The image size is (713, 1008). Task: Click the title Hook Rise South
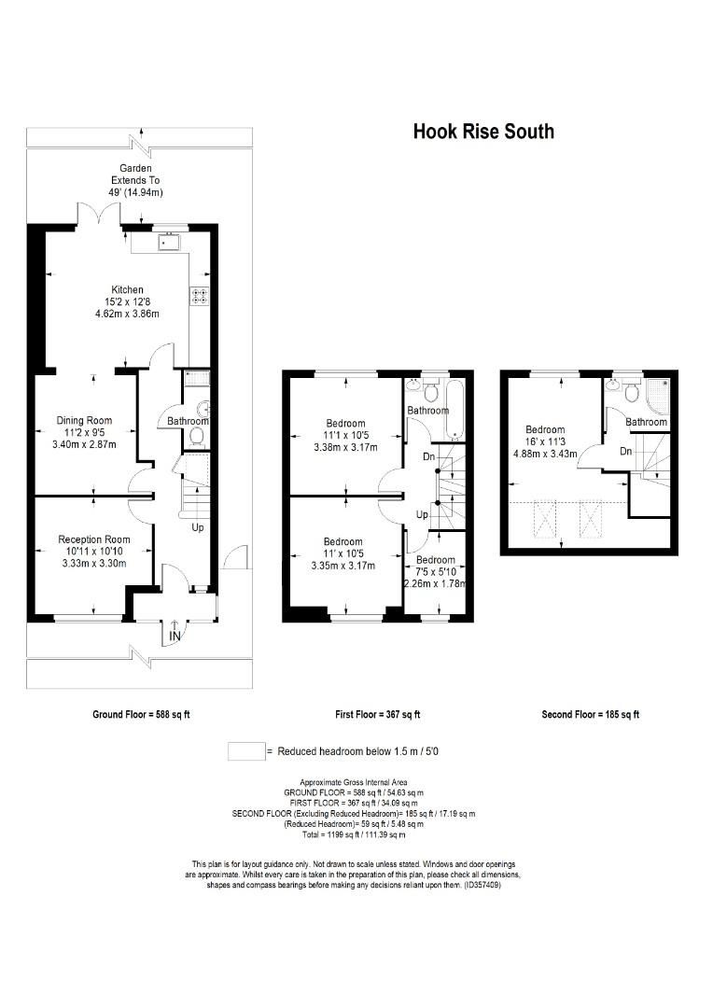(x=483, y=132)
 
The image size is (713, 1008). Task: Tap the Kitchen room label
(x=128, y=289)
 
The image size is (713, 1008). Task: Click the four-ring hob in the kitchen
(x=199, y=295)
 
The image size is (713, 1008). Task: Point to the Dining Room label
(x=84, y=421)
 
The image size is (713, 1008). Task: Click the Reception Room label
(x=93, y=539)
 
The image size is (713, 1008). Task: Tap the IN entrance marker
(x=175, y=637)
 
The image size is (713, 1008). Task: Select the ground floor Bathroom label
(x=187, y=421)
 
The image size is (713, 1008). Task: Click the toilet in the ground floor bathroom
(x=197, y=437)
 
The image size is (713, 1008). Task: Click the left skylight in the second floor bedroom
(x=544, y=520)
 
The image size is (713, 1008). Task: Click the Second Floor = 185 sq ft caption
(x=590, y=715)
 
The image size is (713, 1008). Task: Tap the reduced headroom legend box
(x=245, y=750)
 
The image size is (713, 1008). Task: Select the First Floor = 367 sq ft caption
(x=377, y=715)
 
